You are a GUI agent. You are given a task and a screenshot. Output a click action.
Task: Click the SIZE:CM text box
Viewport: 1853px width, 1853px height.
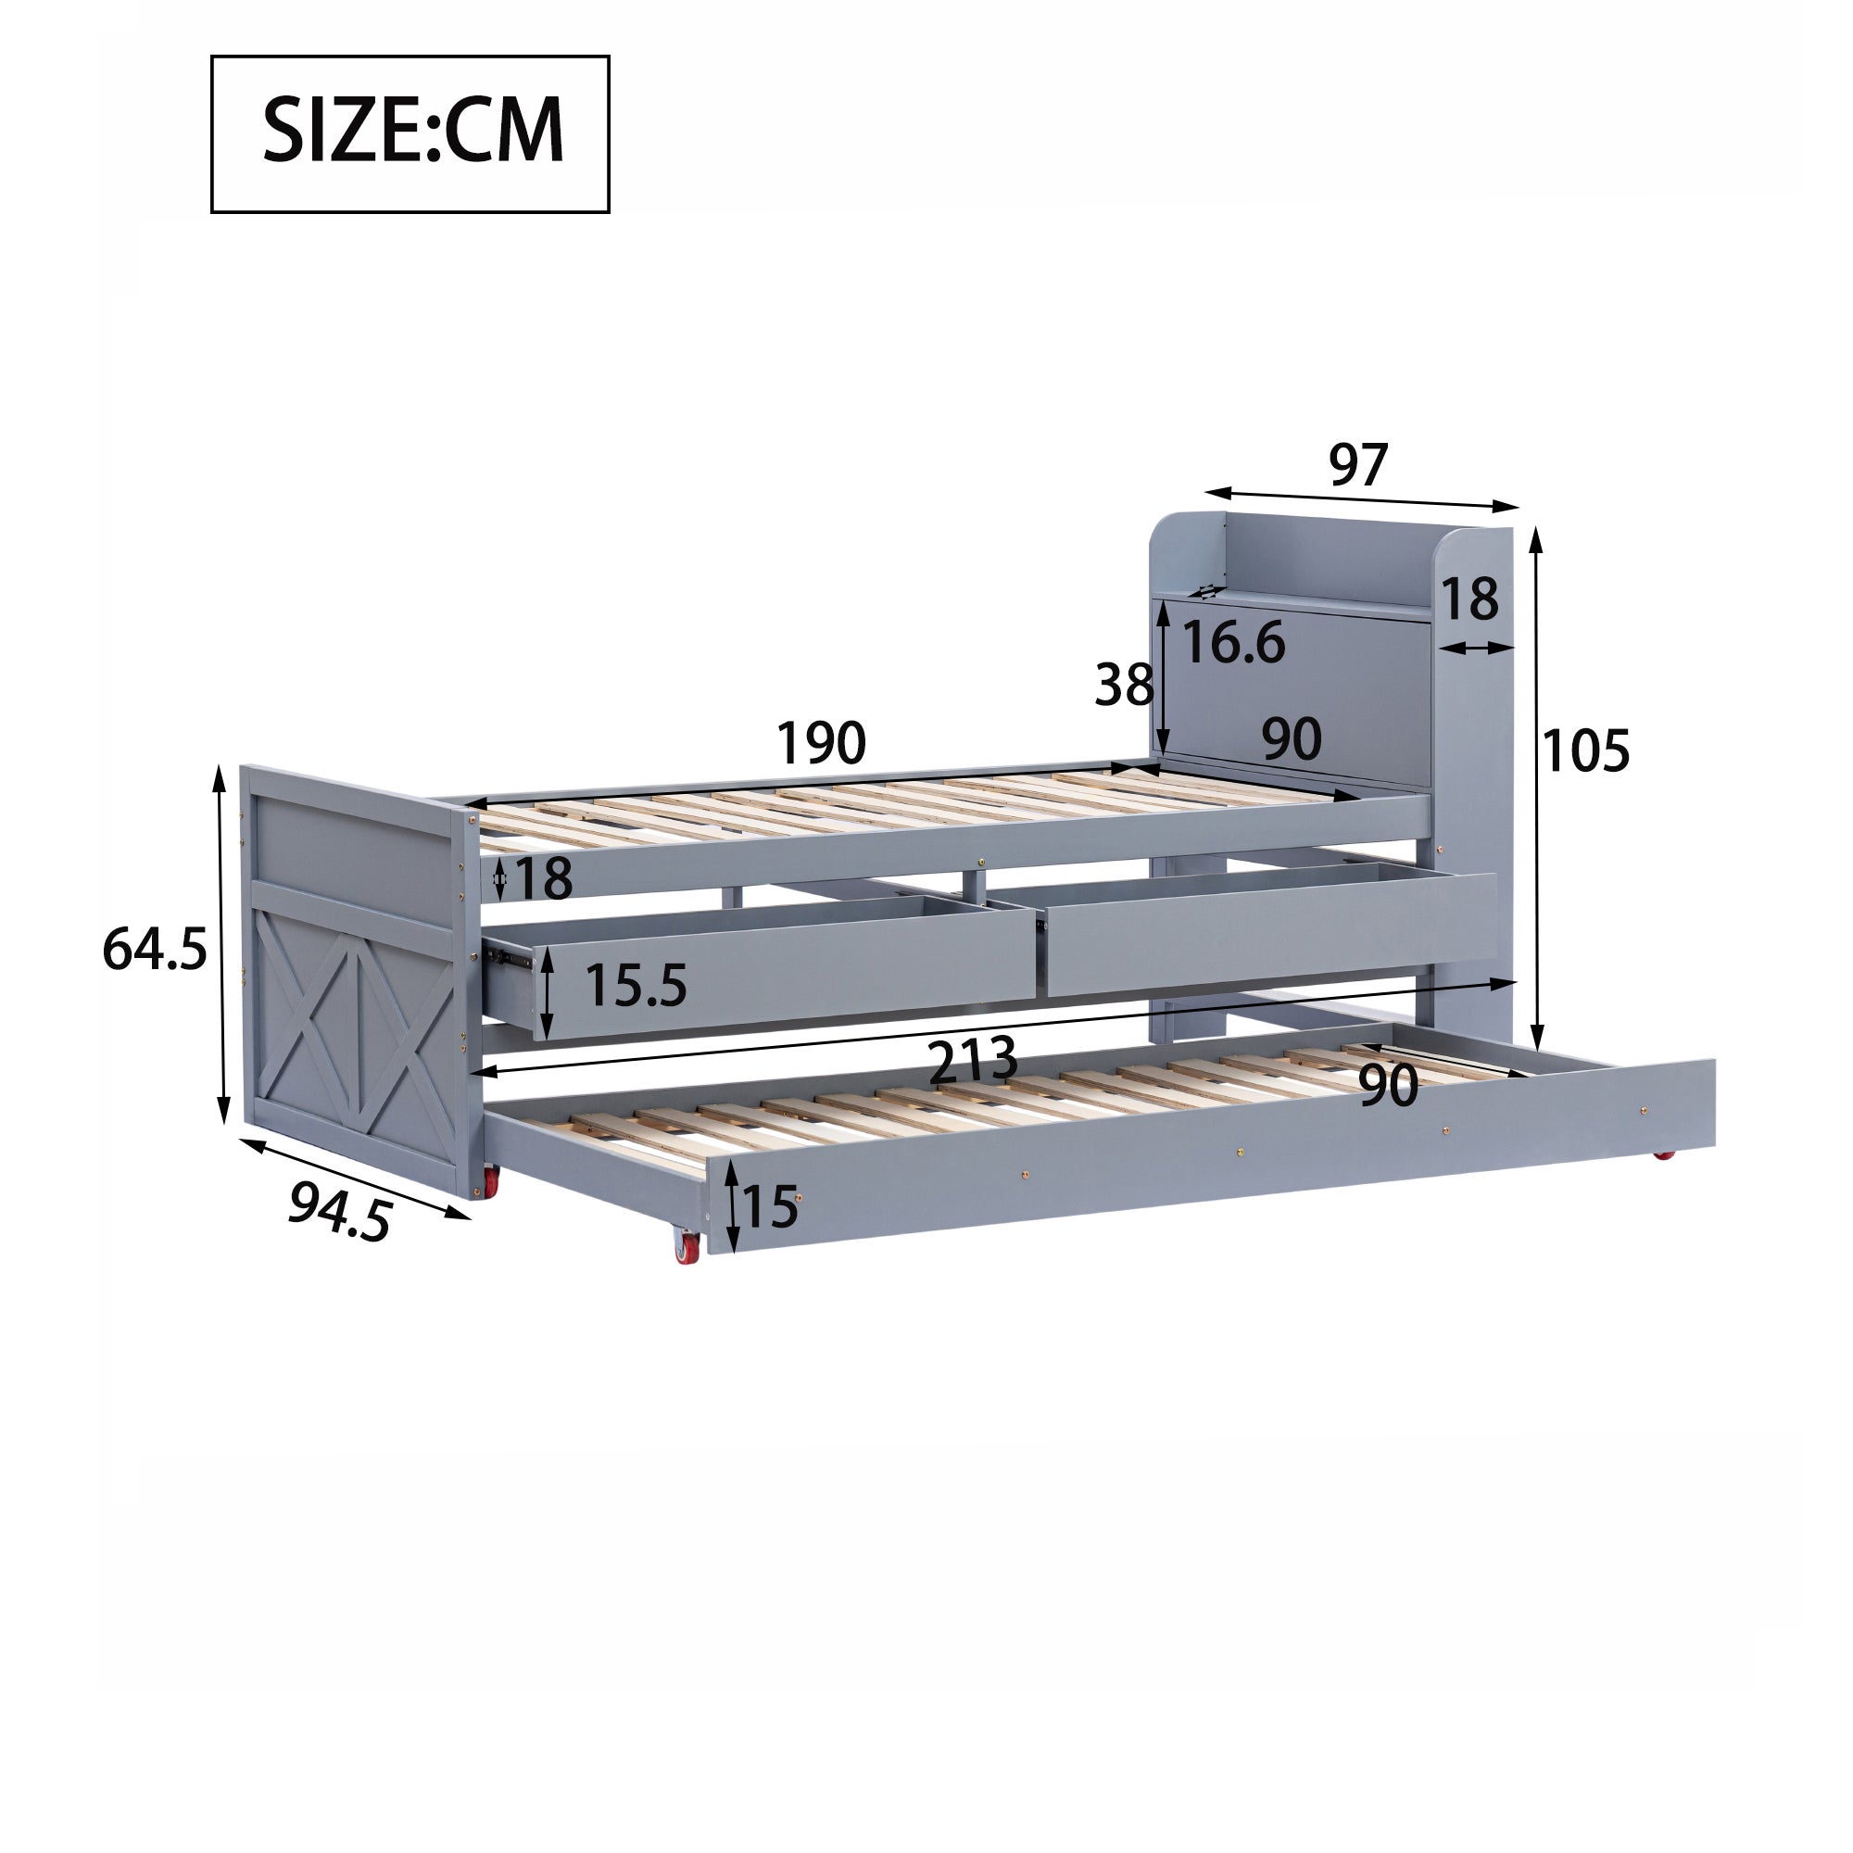point(410,133)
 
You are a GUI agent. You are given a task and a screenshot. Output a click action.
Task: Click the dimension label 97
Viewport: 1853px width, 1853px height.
point(1357,465)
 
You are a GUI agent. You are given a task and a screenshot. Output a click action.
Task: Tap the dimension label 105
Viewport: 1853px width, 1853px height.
point(1585,751)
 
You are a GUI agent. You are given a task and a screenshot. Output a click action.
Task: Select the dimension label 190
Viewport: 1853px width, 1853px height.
point(820,743)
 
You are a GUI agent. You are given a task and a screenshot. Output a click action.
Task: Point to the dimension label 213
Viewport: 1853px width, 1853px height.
point(973,1061)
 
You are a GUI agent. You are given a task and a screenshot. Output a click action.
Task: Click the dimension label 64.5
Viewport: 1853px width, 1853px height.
point(155,950)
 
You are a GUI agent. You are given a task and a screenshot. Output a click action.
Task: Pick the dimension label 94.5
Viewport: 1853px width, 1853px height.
point(340,1210)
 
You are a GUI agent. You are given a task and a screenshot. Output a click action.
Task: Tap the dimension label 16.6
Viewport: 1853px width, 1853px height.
point(1233,642)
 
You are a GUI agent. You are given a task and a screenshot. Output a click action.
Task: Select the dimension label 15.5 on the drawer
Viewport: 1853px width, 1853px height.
point(636,985)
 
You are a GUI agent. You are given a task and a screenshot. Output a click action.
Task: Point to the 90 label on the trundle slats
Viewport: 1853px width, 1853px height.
point(1388,1085)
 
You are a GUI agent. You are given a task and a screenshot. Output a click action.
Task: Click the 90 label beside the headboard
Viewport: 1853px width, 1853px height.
point(1291,739)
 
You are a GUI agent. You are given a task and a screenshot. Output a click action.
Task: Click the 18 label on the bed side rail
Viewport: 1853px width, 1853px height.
point(544,877)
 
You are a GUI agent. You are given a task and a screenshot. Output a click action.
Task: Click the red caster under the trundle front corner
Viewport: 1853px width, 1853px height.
point(688,1248)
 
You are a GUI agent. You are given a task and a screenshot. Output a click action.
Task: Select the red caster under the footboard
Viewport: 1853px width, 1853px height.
point(490,1181)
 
